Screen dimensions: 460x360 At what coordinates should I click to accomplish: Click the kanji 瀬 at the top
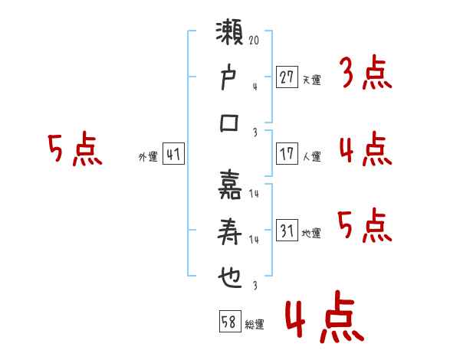pos(229,32)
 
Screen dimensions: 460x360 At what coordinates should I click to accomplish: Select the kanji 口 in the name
pos(229,123)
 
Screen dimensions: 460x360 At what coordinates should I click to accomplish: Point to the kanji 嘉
pos(230,185)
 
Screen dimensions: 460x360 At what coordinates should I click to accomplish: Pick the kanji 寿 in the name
pos(229,231)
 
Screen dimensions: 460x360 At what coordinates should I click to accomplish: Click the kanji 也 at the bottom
pos(230,277)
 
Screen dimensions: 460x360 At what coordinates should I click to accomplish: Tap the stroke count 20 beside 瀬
pos(254,40)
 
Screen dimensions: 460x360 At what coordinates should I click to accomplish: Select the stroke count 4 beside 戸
pos(255,87)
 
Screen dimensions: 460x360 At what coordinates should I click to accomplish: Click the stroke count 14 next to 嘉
pos(254,194)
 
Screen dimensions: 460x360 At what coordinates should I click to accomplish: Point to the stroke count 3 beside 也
pos(255,285)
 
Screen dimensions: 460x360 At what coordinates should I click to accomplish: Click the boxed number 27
pos(287,77)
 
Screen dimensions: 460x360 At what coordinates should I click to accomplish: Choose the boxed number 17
pos(287,153)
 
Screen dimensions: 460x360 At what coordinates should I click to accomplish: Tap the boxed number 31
pos(287,230)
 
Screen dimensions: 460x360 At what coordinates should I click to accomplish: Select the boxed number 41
pos(173,153)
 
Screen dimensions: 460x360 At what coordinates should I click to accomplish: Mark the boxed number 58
pos(230,321)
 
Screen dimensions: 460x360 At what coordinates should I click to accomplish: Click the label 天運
pos(312,80)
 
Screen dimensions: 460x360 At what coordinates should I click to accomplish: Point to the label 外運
pos(148,156)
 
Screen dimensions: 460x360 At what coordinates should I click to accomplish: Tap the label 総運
pos(255,325)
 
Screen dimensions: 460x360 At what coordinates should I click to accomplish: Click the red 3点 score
pos(366,73)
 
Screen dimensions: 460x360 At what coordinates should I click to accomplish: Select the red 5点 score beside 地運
pos(365,225)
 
